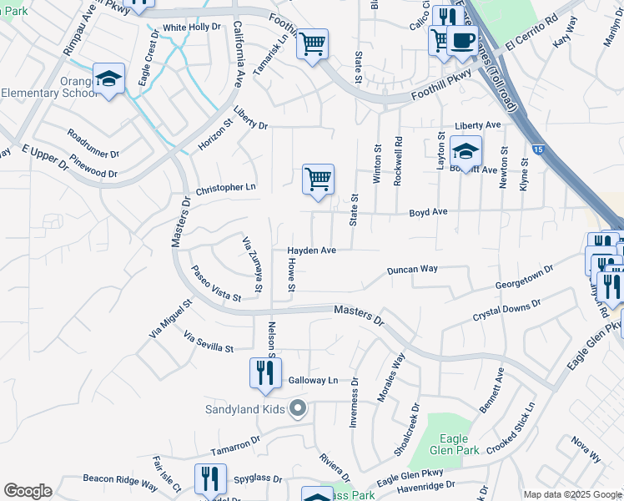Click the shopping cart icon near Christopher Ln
[x=318, y=180]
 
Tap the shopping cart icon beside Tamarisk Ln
[x=312, y=44]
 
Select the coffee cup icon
[x=462, y=40]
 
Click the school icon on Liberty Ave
[x=465, y=152]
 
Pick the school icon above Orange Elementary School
[x=108, y=78]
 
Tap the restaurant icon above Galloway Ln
[x=265, y=373]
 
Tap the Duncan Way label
[x=412, y=270]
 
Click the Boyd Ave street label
[x=428, y=212]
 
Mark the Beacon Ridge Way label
[x=120, y=483]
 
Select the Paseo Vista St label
[x=215, y=285]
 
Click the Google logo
[x=28, y=491]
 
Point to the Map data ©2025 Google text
[x=572, y=494]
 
